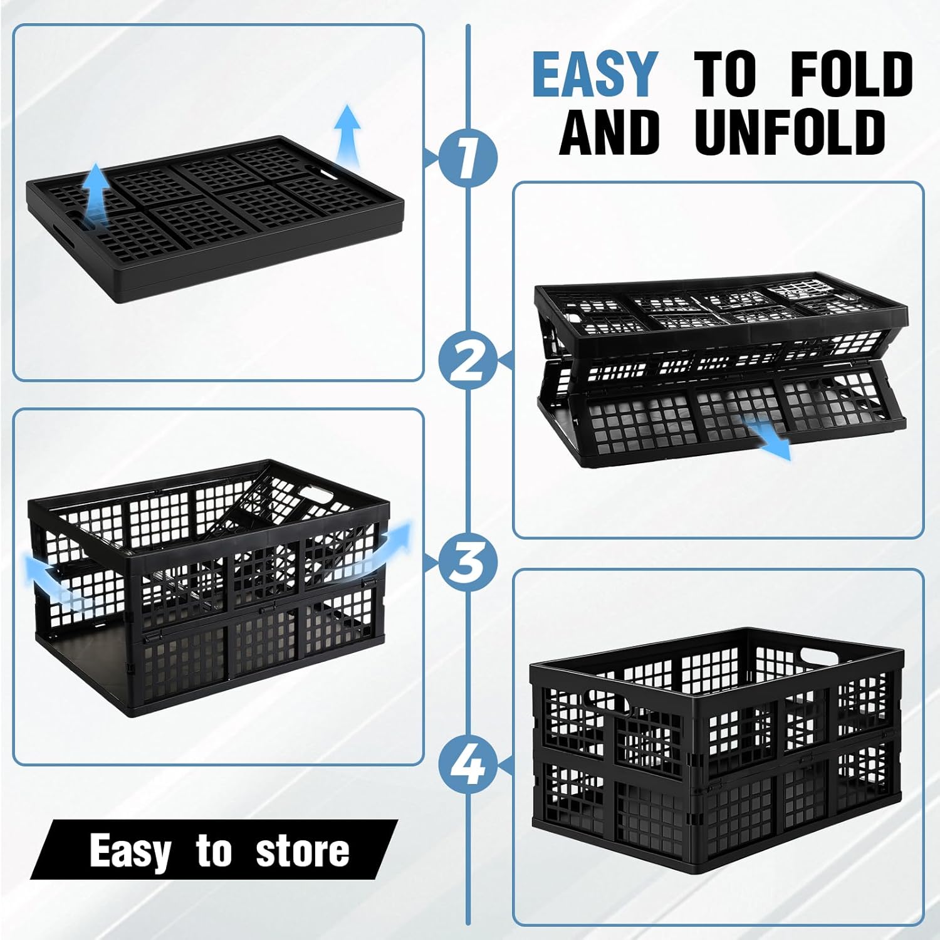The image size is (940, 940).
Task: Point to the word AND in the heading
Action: [x=610, y=132]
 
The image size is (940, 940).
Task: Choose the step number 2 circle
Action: [x=467, y=362]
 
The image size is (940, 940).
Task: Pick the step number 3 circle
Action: [x=467, y=562]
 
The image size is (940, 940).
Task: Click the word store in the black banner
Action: [x=302, y=850]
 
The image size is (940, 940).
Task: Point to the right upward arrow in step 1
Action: [x=347, y=135]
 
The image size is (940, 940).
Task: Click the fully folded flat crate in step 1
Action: [x=213, y=222]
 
